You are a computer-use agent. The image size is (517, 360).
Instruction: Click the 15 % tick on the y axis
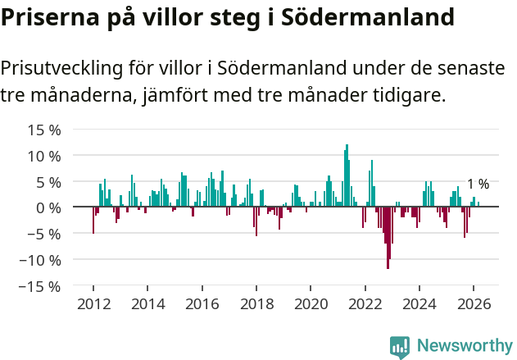[x=44, y=130]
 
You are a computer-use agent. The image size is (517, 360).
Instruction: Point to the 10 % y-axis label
[x=44, y=156]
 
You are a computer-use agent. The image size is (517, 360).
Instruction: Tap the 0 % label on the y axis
[x=49, y=207]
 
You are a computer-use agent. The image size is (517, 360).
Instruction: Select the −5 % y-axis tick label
[x=44, y=234]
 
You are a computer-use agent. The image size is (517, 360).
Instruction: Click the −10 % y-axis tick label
[x=40, y=260]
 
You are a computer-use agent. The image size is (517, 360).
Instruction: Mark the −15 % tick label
[x=40, y=286]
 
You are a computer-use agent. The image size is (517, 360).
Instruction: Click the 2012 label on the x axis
[x=93, y=304]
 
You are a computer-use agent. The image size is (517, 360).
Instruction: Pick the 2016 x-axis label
[x=202, y=304]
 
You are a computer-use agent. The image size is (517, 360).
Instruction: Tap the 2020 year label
[x=311, y=304]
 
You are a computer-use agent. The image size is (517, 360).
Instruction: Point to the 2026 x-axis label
[x=474, y=304]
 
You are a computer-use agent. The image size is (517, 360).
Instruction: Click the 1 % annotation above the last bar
[x=478, y=185]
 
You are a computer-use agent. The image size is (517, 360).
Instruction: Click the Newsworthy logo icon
[x=400, y=347]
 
